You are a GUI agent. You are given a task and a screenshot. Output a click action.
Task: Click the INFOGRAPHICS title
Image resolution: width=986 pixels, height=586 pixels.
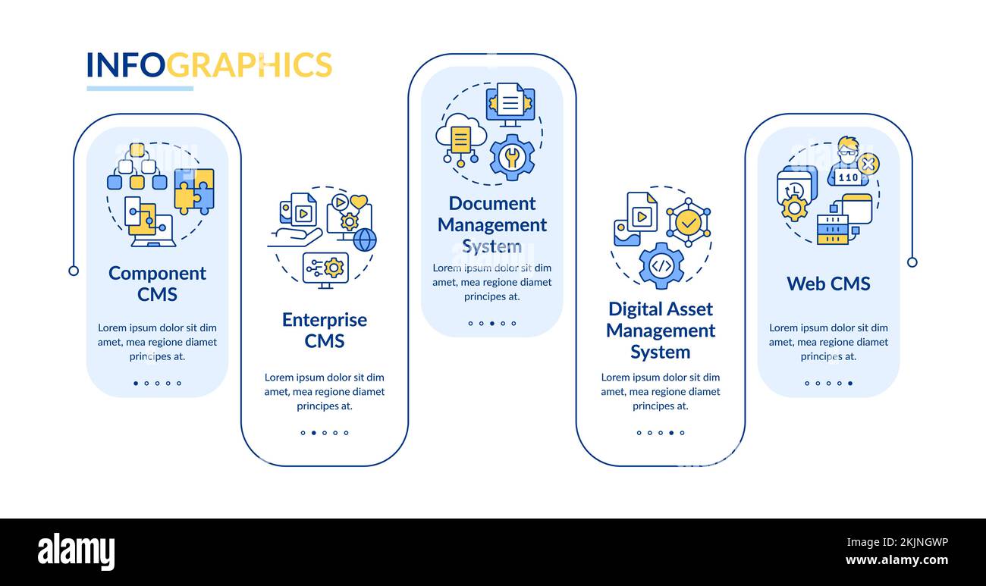209,64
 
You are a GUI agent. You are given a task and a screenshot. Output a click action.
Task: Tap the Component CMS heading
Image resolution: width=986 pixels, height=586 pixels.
157,284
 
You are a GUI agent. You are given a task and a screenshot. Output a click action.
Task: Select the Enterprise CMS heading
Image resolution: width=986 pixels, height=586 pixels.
325,330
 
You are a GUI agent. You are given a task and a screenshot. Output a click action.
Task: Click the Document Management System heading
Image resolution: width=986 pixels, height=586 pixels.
492,225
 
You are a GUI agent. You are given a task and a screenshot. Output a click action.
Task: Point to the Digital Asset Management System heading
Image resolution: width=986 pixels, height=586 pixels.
661,331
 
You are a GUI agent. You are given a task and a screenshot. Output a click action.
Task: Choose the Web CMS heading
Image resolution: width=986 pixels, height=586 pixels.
828,284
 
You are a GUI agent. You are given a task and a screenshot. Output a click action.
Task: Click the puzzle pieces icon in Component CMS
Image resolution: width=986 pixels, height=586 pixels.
194,190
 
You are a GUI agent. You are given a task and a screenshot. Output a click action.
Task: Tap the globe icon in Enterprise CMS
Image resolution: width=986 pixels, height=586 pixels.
365,240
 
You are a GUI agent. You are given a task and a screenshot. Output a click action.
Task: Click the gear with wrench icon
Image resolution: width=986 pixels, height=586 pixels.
512,158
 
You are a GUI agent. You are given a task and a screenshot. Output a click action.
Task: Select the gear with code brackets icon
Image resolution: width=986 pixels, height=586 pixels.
661,266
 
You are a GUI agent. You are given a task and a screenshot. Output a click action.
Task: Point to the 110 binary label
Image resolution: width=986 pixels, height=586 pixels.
848,177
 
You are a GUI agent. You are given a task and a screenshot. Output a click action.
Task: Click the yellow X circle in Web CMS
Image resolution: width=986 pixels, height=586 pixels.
868,165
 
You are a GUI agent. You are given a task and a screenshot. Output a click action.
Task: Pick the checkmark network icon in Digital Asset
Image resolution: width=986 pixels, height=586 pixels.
689,223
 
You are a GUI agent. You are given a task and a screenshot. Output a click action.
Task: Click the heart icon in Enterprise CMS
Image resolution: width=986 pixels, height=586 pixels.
359,202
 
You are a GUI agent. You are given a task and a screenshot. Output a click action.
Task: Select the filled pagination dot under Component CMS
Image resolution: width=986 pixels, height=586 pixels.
136,383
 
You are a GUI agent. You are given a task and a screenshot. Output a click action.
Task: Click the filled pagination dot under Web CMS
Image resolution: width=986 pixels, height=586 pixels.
850,383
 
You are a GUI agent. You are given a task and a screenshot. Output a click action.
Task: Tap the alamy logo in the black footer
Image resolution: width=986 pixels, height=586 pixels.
76,552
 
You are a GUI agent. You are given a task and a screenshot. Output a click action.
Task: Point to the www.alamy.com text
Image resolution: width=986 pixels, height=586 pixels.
897,559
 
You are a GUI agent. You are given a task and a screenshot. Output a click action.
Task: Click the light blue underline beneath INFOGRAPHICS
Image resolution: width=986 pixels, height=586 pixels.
140,89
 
